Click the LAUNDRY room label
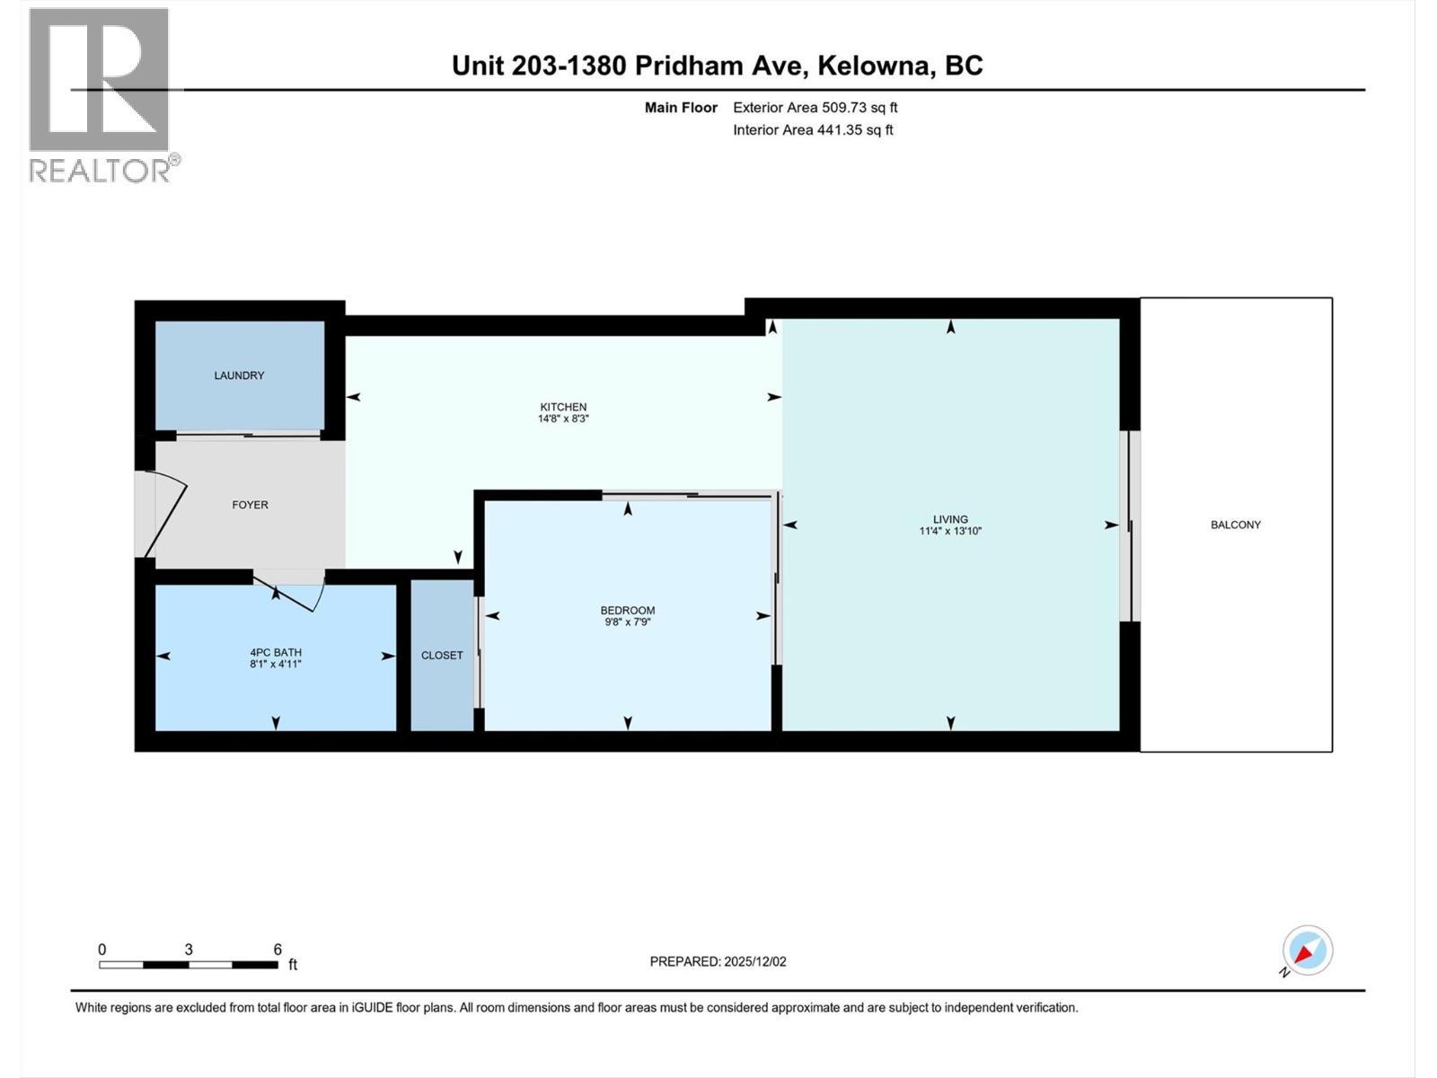[239, 376]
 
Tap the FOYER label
[250, 505]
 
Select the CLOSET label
[442, 656]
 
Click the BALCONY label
[1235, 525]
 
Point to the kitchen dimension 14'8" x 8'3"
[563, 419]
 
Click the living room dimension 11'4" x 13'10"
[949, 531]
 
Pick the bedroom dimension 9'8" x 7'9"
[627, 622]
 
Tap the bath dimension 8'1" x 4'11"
[275, 664]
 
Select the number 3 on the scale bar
[189, 950]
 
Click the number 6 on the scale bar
[278, 950]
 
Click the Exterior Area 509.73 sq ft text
[815, 108]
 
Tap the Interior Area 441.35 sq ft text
[813, 130]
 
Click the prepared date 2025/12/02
[754, 961]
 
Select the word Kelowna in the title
[879, 66]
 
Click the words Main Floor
[681, 108]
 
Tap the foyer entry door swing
[166, 517]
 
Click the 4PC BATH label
[275, 652]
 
